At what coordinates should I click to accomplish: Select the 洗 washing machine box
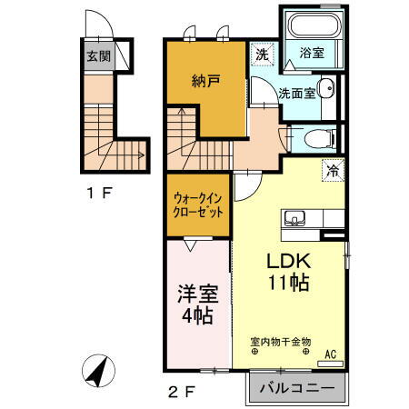262,54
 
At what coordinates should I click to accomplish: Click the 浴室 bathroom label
312,54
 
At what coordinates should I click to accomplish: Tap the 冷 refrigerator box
333,168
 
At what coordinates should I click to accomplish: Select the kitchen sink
296,218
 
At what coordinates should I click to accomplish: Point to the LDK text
287,260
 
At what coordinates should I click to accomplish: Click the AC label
331,354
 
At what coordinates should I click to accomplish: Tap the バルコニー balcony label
295,389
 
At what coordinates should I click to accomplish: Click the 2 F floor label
180,394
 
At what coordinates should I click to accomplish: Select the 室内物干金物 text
281,343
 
